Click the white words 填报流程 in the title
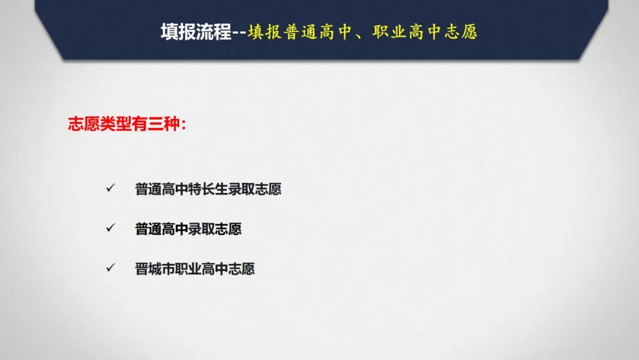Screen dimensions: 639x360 [196, 32]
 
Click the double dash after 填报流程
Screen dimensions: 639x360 [239, 33]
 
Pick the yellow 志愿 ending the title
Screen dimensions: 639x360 [460, 32]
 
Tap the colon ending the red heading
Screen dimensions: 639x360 [183, 125]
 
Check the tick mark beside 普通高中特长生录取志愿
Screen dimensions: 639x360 [111, 188]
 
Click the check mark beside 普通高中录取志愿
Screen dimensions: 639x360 [111, 227]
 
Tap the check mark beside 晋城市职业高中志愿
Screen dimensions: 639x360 [111, 268]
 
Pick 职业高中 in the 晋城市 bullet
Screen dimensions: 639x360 [201, 269]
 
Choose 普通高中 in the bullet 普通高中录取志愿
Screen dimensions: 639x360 [162, 229]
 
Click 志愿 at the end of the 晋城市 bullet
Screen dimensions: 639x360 [241, 269]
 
